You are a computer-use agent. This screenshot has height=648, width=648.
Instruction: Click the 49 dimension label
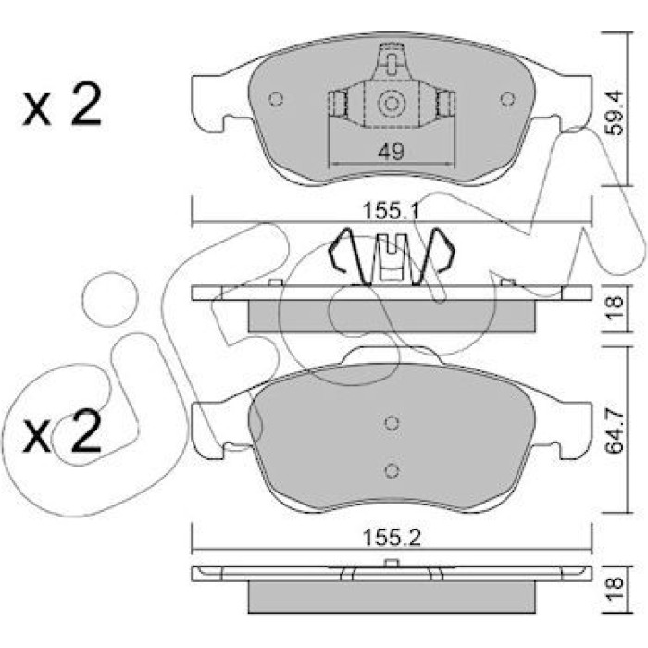coord(391,152)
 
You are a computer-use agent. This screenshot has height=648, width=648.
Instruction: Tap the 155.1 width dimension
coord(391,212)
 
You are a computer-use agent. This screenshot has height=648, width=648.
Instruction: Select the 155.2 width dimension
coord(391,538)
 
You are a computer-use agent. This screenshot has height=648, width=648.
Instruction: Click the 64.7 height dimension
coord(615,430)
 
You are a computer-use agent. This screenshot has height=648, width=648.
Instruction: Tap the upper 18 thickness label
coord(615,302)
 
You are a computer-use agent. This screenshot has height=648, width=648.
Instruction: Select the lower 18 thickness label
coord(615,583)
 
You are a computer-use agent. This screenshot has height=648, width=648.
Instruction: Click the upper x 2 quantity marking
coord(62,104)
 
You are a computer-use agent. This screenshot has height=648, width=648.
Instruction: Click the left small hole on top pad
coord(276,99)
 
